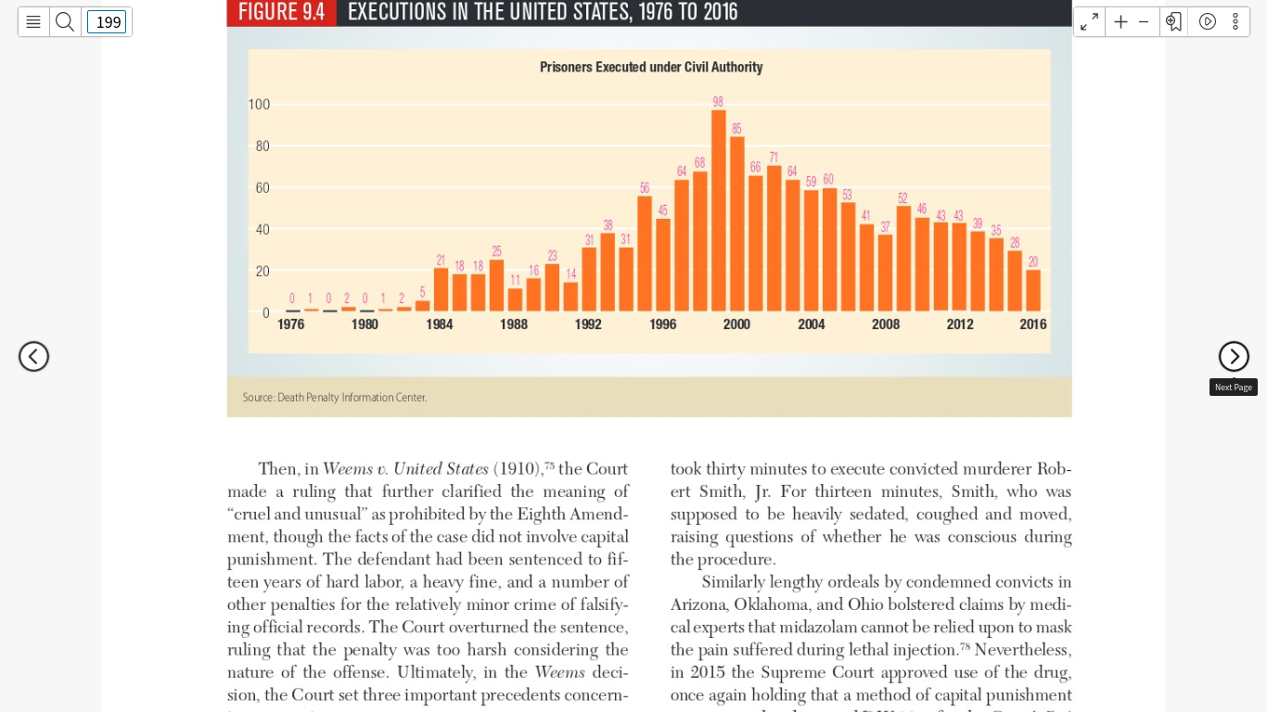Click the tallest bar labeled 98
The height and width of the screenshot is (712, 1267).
click(x=718, y=210)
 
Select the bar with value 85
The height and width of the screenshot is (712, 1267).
click(x=737, y=224)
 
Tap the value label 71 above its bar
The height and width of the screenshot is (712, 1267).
click(x=774, y=158)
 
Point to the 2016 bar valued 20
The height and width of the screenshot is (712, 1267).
click(x=1033, y=290)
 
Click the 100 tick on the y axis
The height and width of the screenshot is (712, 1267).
click(x=259, y=105)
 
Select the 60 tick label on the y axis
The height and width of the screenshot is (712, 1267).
click(x=262, y=188)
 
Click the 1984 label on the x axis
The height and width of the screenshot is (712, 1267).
click(x=440, y=324)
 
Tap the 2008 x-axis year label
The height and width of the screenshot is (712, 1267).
click(x=885, y=324)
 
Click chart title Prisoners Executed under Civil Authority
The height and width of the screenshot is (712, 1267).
click(x=651, y=68)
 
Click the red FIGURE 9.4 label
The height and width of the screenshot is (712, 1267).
click(x=282, y=12)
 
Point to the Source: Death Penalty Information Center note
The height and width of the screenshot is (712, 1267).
click(x=335, y=398)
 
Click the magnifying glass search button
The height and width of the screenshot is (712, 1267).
click(x=65, y=22)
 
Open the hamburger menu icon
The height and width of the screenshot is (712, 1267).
click(x=33, y=22)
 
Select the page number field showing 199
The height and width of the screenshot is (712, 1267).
click(x=107, y=22)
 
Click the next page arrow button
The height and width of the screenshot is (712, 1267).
click(x=1234, y=356)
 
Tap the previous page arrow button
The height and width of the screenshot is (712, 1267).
click(x=34, y=356)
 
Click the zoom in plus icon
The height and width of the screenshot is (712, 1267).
click(x=1120, y=22)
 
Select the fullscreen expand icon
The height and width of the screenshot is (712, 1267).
click(x=1089, y=22)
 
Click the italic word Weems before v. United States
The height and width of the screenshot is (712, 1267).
click(x=348, y=469)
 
